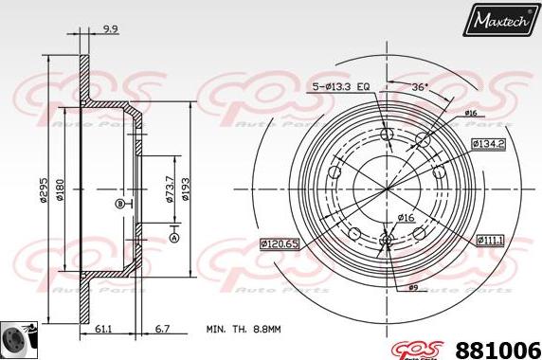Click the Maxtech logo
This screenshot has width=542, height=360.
tap(499, 19)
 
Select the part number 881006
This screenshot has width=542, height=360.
tap(499, 347)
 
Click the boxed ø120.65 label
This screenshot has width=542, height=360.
tap(281, 244)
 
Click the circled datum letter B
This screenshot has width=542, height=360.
tap(119, 204)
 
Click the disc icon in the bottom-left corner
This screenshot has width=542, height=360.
tap(16, 339)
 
